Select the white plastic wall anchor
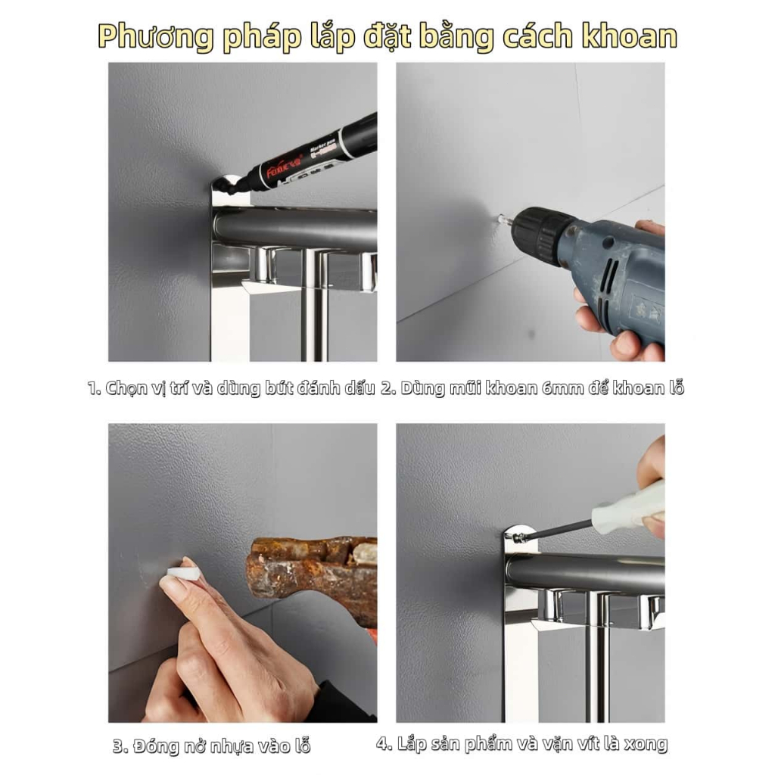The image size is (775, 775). coord(184,573)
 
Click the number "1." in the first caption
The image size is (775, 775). coord(95,388)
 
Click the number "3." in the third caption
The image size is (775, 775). coord(120,745)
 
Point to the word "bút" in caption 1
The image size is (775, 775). coord(279,388)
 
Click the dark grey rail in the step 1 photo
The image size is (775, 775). coord(296,227)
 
